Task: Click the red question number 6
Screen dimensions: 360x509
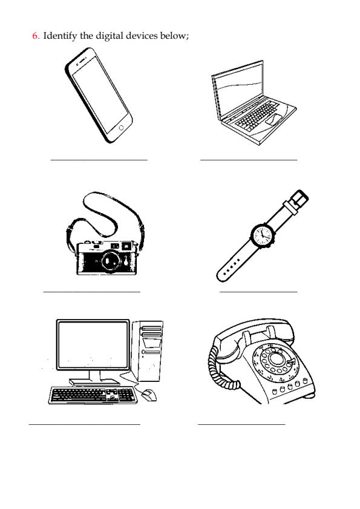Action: click(x=36, y=35)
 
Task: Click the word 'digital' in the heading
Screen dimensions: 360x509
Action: click(x=109, y=36)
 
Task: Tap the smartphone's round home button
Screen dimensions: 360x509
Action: click(x=121, y=128)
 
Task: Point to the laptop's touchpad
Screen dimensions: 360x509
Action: click(x=274, y=119)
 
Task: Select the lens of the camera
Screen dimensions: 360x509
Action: click(x=110, y=260)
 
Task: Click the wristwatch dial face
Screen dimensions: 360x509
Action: click(x=262, y=235)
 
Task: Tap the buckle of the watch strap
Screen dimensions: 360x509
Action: click(x=299, y=198)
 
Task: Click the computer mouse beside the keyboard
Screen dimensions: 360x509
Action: click(x=149, y=395)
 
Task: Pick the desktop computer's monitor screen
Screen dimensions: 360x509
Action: click(x=93, y=344)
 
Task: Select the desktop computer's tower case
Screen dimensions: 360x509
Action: click(x=147, y=350)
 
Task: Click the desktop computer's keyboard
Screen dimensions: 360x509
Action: click(x=93, y=395)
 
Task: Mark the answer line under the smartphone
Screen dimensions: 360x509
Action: click(x=99, y=160)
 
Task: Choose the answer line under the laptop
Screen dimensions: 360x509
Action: click(x=249, y=160)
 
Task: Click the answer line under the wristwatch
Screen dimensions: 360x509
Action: click(x=258, y=292)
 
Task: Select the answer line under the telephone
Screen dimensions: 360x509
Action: click(x=241, y=424)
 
